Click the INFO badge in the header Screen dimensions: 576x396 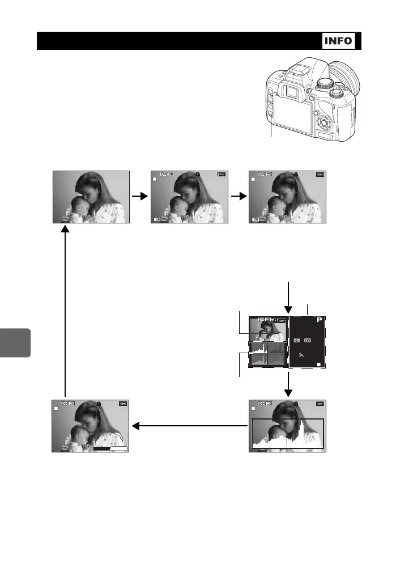pos(338,41)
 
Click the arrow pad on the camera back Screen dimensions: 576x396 pos(323,122)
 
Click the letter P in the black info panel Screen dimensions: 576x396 pos(320,321)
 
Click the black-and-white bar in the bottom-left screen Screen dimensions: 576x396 pos(110,448)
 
